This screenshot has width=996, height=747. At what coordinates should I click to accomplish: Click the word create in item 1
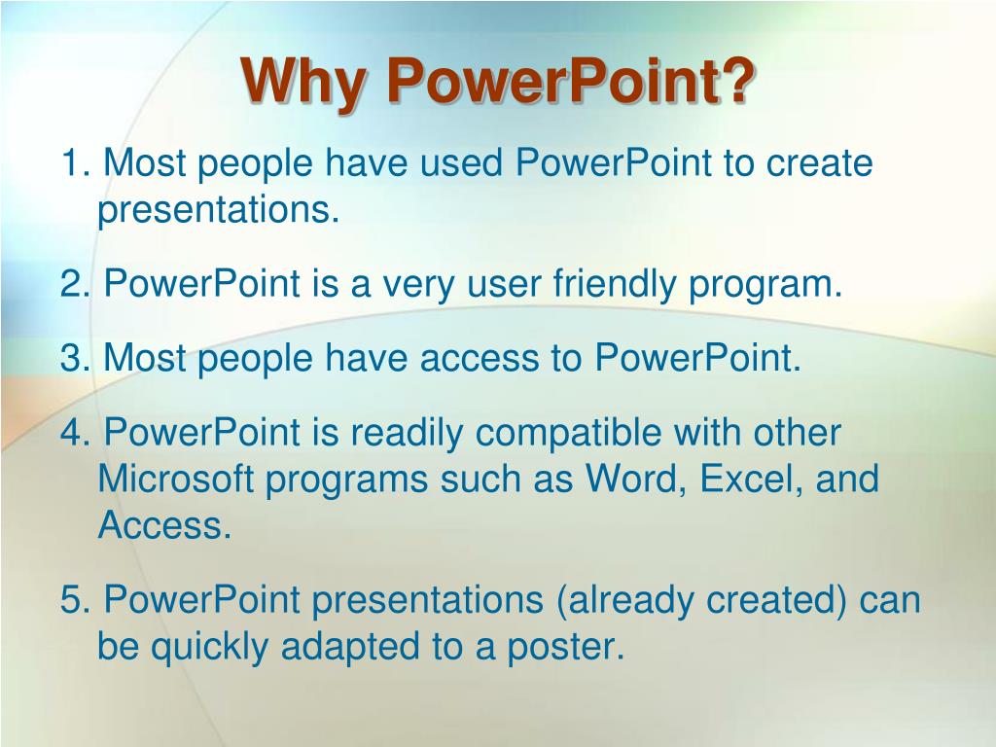[x=819, y=162]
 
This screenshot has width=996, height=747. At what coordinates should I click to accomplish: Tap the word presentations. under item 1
[x=219, y=211]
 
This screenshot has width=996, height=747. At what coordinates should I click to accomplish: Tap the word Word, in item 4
[x=636, y=480]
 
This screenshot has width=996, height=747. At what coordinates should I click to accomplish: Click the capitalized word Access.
[x=164, y=525]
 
